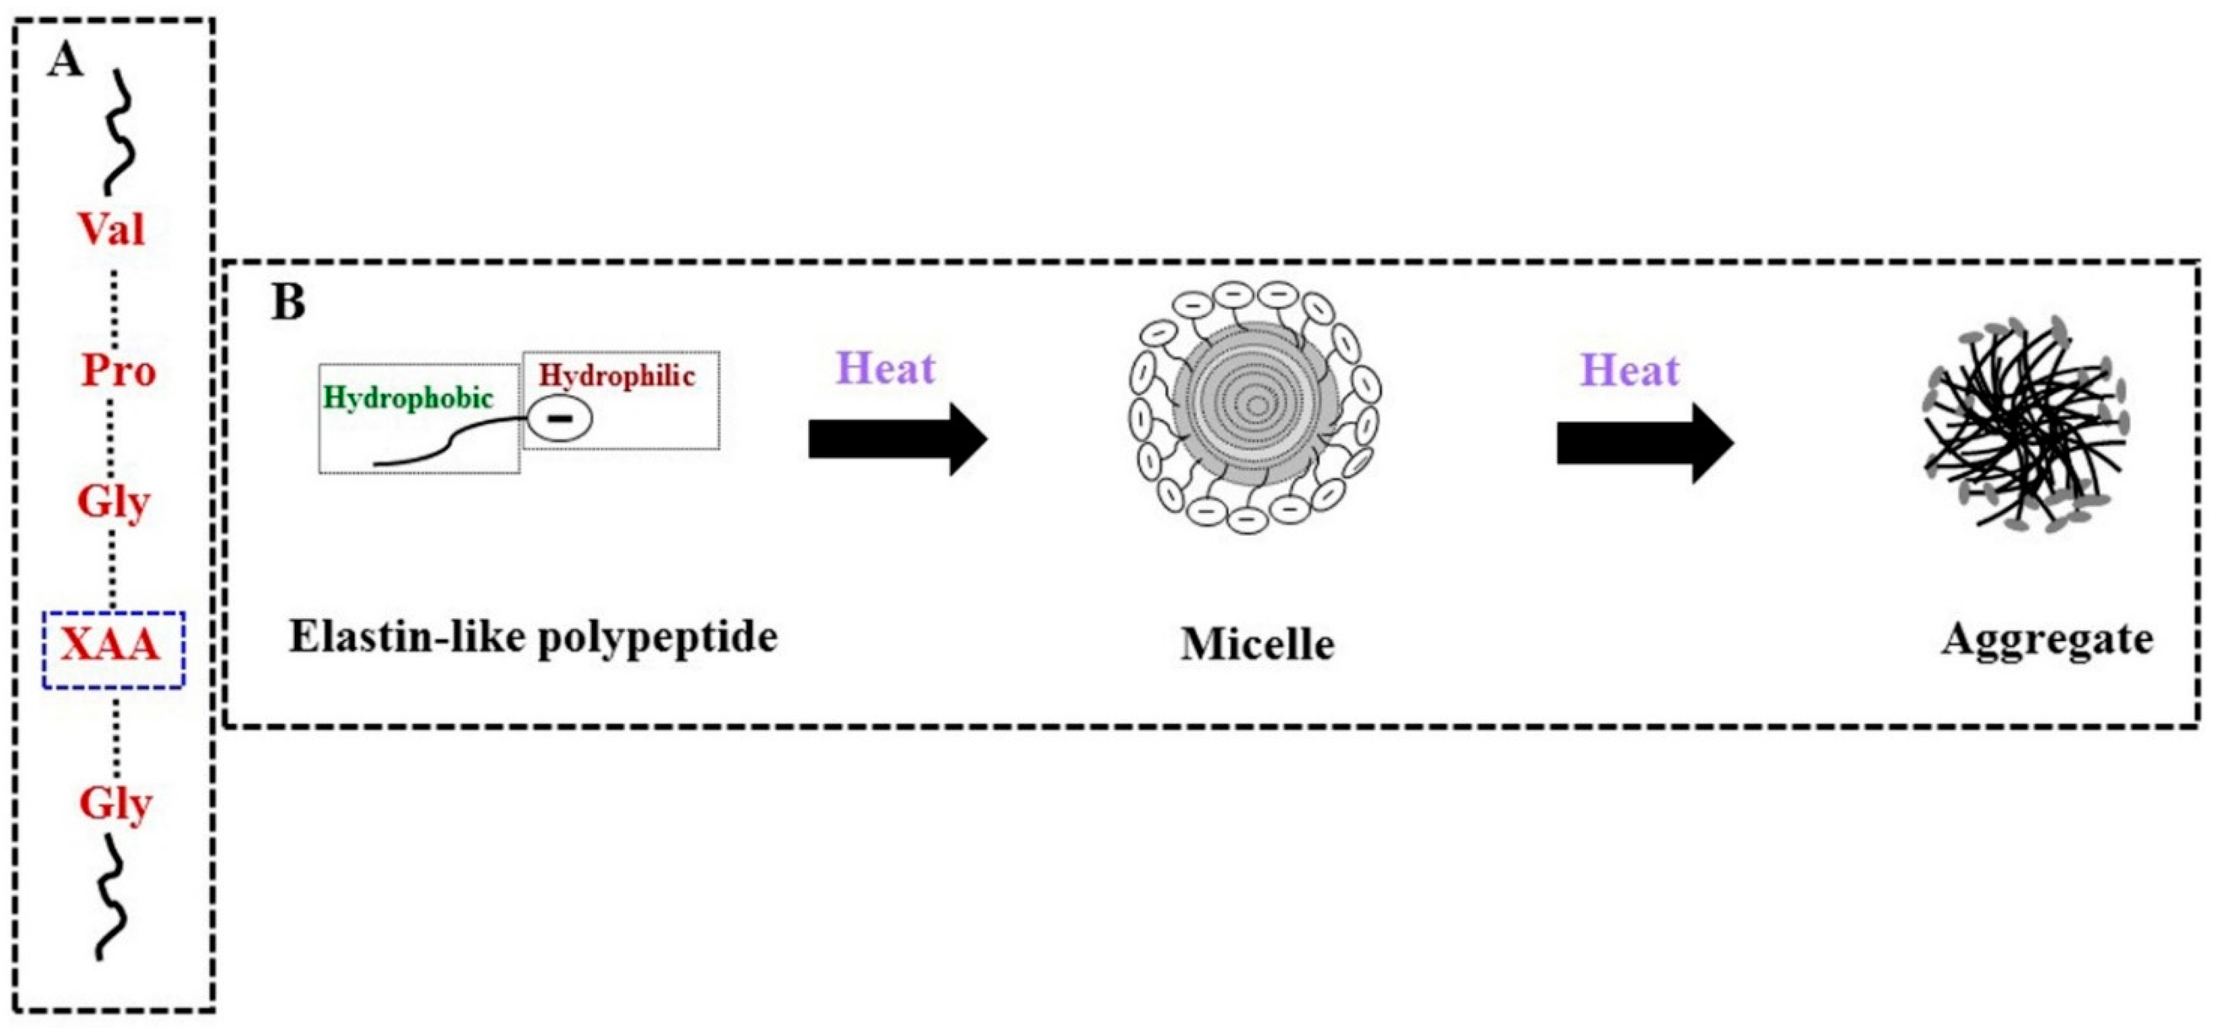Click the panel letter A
coord(66,61)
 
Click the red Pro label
coord(119,372)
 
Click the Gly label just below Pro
coord(114,502)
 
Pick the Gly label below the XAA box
coord(115,805)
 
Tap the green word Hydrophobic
coord(408,398)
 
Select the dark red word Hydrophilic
coord(617,376)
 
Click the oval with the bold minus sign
coord(560,419)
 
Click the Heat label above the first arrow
coord(885,369)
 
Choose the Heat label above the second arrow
coord(1629,371)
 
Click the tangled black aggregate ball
coord(2025,424)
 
